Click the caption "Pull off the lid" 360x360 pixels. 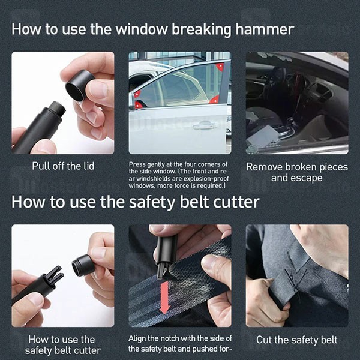pyautogui.click(x=62, y=166)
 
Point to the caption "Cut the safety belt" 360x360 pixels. pyautogui.click(x=296, y=340)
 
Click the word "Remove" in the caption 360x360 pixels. pyautogui.click(x=266, y=167)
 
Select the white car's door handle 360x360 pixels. pyautogui.click(x=205, y=125)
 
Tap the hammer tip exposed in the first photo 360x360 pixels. pyautogui.click(x=55, y=109)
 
